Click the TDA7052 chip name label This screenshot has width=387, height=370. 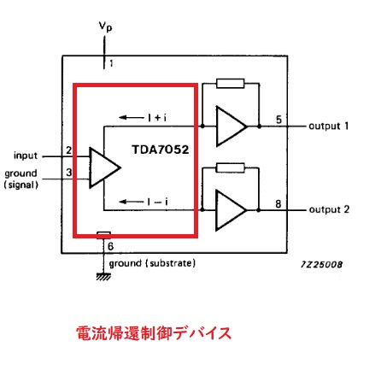161,150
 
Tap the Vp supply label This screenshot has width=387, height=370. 105,26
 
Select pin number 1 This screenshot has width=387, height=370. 111,63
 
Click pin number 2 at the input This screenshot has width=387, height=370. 69,150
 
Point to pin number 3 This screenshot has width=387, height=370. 69,173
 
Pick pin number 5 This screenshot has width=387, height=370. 279,120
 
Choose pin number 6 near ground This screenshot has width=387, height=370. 110,246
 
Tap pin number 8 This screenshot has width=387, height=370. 279,204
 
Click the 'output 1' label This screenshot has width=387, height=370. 329,126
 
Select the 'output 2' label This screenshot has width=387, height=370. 329,209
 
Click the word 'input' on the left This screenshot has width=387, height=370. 26,156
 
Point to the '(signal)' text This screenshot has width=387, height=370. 21,185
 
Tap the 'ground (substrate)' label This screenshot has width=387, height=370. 152,263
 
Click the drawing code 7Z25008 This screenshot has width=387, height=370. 322,265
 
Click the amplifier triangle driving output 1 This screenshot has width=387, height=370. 232,126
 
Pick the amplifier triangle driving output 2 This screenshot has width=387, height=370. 232,210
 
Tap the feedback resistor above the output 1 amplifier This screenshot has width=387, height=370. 231,84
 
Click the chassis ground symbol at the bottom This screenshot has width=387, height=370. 103,277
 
